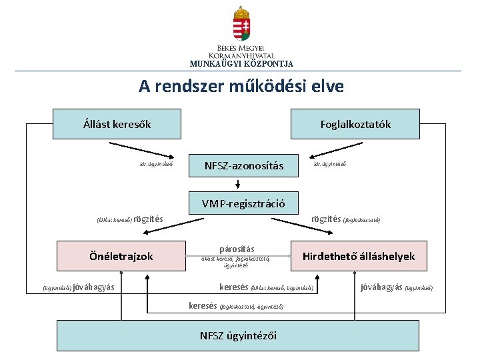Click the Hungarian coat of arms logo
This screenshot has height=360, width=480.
[241, 24]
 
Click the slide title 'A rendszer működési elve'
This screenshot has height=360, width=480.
[241, 86]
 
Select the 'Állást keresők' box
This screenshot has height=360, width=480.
[117, 124]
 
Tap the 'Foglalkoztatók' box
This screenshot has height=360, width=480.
[355, 124]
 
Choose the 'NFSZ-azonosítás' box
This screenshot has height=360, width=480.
[243, 165]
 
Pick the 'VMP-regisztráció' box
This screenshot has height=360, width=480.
[243, 203]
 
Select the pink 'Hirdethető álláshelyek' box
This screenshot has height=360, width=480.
[359, 256]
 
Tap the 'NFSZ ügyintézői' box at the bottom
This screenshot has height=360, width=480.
[238, 335]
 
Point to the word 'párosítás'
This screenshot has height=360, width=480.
[237, 249]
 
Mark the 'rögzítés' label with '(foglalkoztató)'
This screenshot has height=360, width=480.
[345, 219]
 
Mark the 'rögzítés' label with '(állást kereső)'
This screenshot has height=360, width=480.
[129, 219]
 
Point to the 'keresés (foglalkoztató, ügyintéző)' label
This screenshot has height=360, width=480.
[236, 306]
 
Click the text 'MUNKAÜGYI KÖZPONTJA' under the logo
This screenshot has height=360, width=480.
[241, 64]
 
